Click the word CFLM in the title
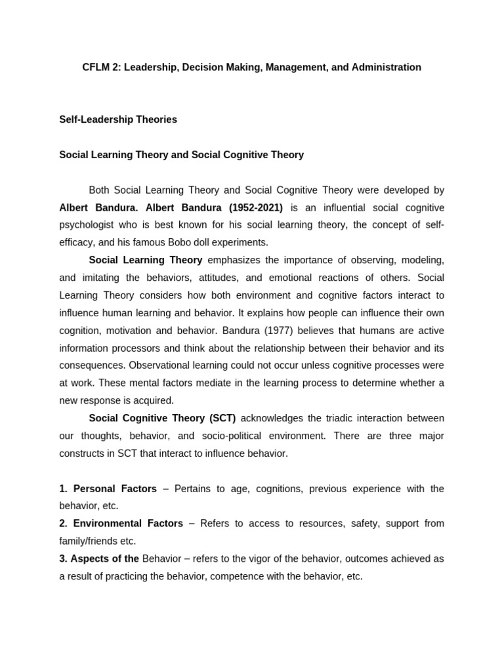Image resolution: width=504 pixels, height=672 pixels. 97,67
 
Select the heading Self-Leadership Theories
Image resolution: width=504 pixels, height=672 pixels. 118,119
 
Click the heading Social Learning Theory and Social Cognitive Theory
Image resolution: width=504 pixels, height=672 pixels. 181,155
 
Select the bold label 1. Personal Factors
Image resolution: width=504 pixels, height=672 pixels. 108,488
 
